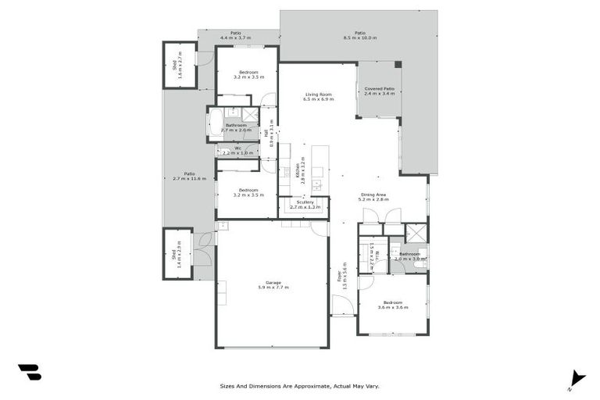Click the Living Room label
coord(319,95)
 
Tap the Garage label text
coord(273,283)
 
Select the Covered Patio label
coord(380,89)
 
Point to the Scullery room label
coord(305,202)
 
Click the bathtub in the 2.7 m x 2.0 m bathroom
coord(215,123)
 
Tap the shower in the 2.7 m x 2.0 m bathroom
coord(250,114)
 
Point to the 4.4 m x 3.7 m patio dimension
coord(235,37)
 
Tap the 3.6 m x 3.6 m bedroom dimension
coord(393,307)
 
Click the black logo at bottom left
coord(29,372)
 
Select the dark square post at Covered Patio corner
coord(398,65)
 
